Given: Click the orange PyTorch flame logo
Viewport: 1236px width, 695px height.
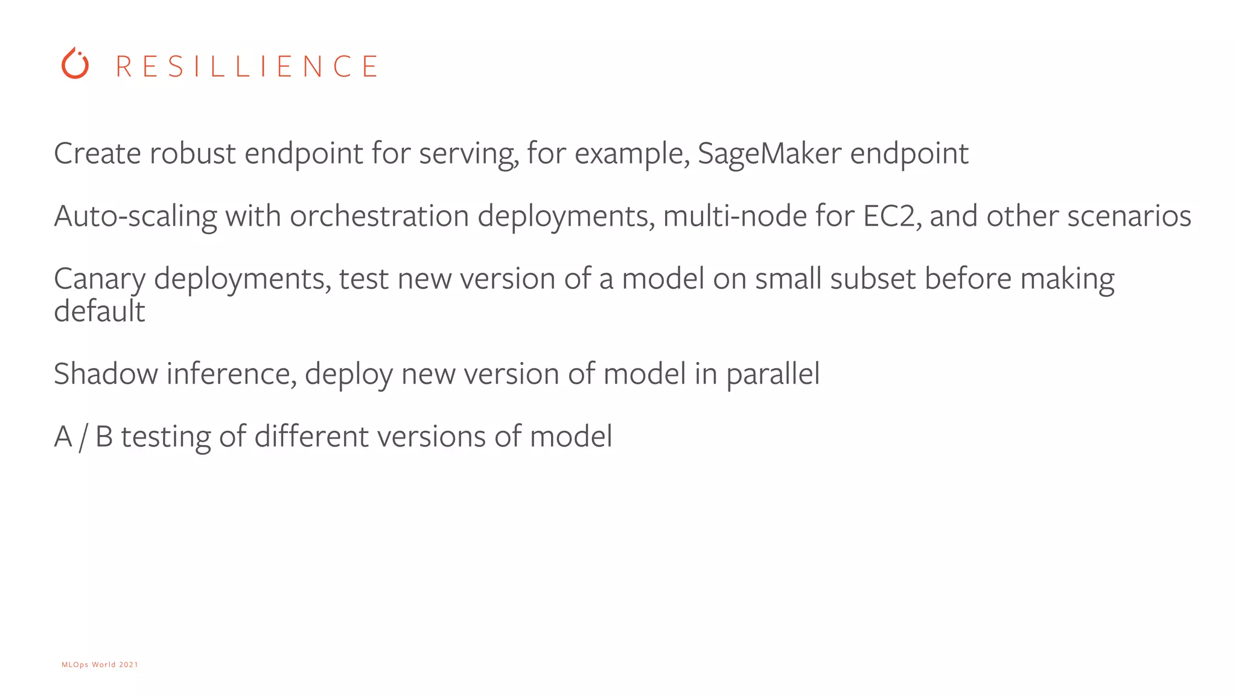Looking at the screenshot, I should pos(75,64).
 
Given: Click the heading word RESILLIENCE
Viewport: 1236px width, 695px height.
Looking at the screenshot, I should pos(247,66).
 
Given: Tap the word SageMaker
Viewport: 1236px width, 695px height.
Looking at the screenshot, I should pos(769,154).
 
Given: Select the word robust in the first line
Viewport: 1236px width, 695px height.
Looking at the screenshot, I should pos(192,154).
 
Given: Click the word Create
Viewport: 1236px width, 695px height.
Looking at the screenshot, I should pos(97,154).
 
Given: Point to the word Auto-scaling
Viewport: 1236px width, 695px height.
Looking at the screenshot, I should pos(135,217).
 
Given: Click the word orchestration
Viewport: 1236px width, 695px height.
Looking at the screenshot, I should pos(379,217).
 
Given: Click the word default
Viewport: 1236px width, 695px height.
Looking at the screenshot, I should pos(100,311).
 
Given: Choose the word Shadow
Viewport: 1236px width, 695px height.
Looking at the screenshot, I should pos(106,374).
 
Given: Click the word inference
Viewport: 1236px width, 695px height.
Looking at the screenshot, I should pos(231,374).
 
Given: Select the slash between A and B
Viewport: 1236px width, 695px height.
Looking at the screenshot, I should pos(83,437).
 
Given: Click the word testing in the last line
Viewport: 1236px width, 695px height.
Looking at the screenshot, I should pos(165,437).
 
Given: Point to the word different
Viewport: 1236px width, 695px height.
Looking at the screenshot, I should pos(311,436).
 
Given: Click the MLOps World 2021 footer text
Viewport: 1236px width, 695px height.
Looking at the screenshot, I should pos(100,665).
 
